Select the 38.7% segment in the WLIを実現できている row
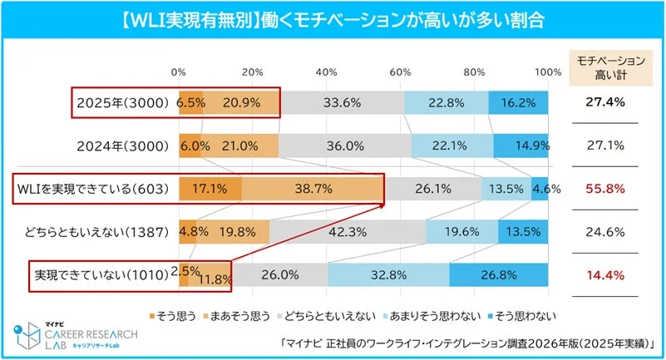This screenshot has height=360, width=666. [313, 189]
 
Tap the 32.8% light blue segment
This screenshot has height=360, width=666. [388, 275]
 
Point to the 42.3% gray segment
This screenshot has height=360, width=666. [348, 232]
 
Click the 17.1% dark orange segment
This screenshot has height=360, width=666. [210, 189]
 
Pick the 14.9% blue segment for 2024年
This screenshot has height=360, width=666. [521, 146]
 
